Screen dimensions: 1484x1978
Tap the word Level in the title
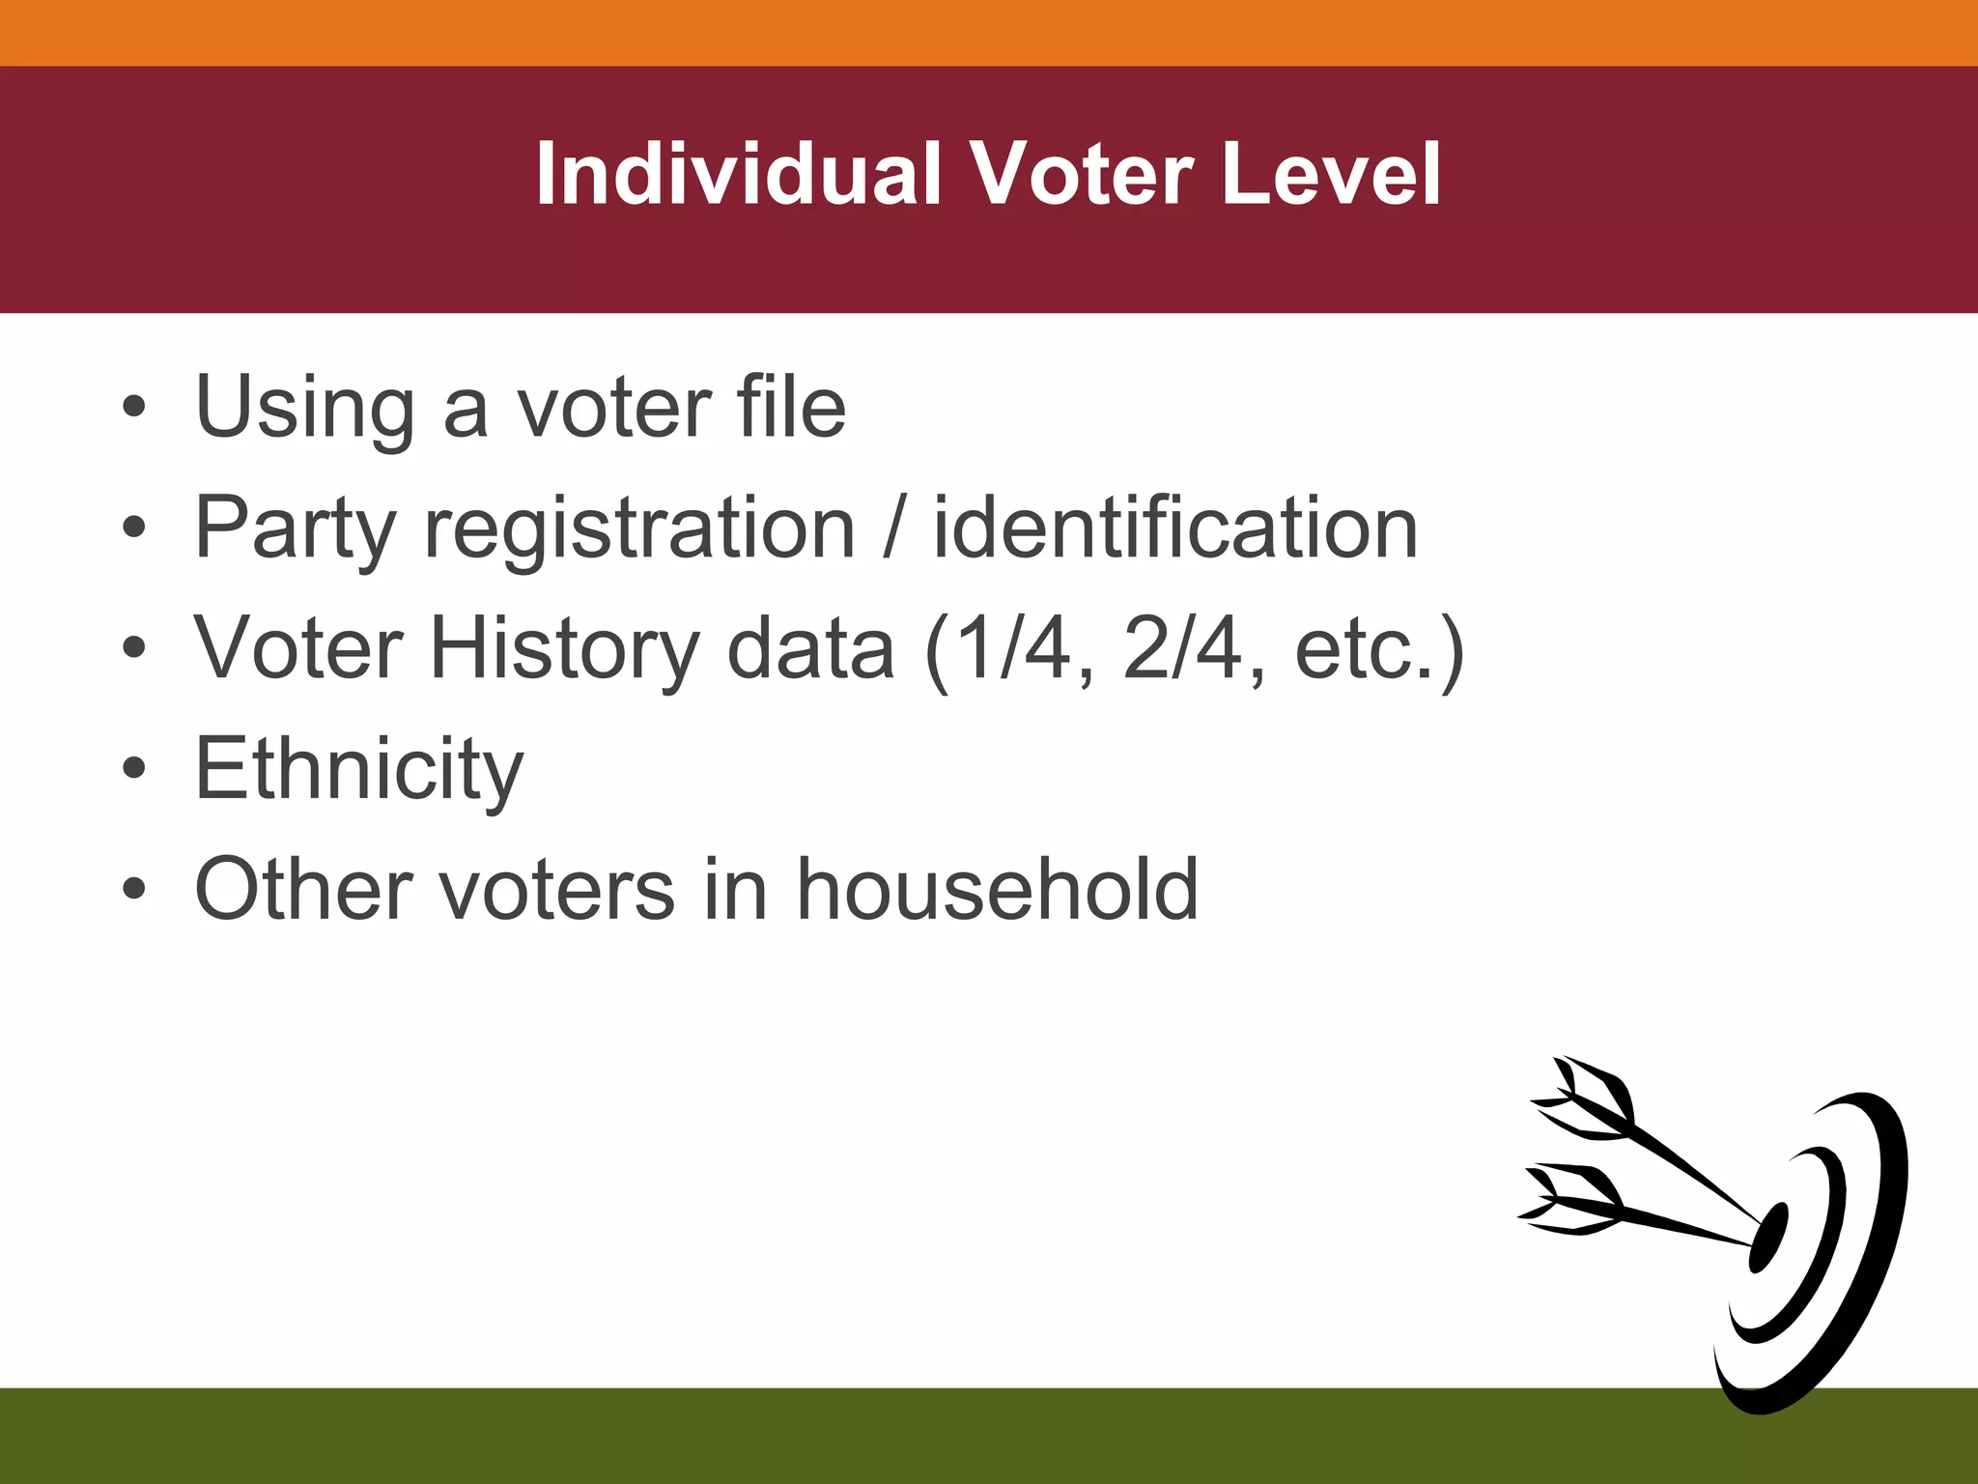click(1330, 174)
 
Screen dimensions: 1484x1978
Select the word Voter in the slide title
click(1081, 174)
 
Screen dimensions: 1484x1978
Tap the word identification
click(1174, 528)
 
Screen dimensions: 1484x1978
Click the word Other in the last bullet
click(302, 889)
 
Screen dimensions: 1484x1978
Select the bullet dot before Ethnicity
click(134, 769)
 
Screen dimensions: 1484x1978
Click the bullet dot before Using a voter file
click(134, 407)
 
